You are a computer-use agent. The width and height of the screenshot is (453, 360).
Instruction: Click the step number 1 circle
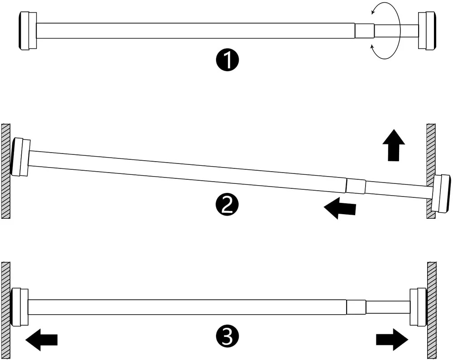pyautogui.click(x=227, y=60)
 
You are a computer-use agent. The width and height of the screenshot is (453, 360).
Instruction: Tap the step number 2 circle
pyautogui.click(x=227, y=205)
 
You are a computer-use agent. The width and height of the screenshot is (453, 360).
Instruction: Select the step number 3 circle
pyautogui.click(x=227, y=336)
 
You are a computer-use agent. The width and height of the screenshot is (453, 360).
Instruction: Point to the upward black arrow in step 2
pyautogui.click(x=394, y=145)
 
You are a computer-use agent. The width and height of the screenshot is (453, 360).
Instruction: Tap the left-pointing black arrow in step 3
pyautogui.click(x=42, y=340)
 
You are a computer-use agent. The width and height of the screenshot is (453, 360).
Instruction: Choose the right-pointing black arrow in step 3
pyautogui.click(x=392, y=340)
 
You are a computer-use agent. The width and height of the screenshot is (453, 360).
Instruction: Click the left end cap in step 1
pyautogui.click(x=28, y=31)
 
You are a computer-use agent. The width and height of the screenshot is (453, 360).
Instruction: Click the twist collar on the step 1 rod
pyautogui.click(x=365, y=31)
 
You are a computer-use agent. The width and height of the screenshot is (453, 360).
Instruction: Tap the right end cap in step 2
pyautogui.click(x=441, y=193)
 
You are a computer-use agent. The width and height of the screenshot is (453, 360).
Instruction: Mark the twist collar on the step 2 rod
pyautogui.click(x=355, y=186)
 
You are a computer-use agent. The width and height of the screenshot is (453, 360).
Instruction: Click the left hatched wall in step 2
pyautogui.click(x=6, y=171)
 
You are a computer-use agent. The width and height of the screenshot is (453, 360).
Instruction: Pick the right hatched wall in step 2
pyautogui.click(x=431, y=171)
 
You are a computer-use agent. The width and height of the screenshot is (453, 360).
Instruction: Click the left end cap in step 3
pyautogui.click(x=19, y=307)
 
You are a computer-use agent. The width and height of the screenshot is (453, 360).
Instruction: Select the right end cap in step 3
pyautogui.click(x=418, y=307)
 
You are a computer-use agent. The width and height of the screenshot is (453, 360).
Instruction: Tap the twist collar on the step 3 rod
pyautogui.click(x=356, y=307)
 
